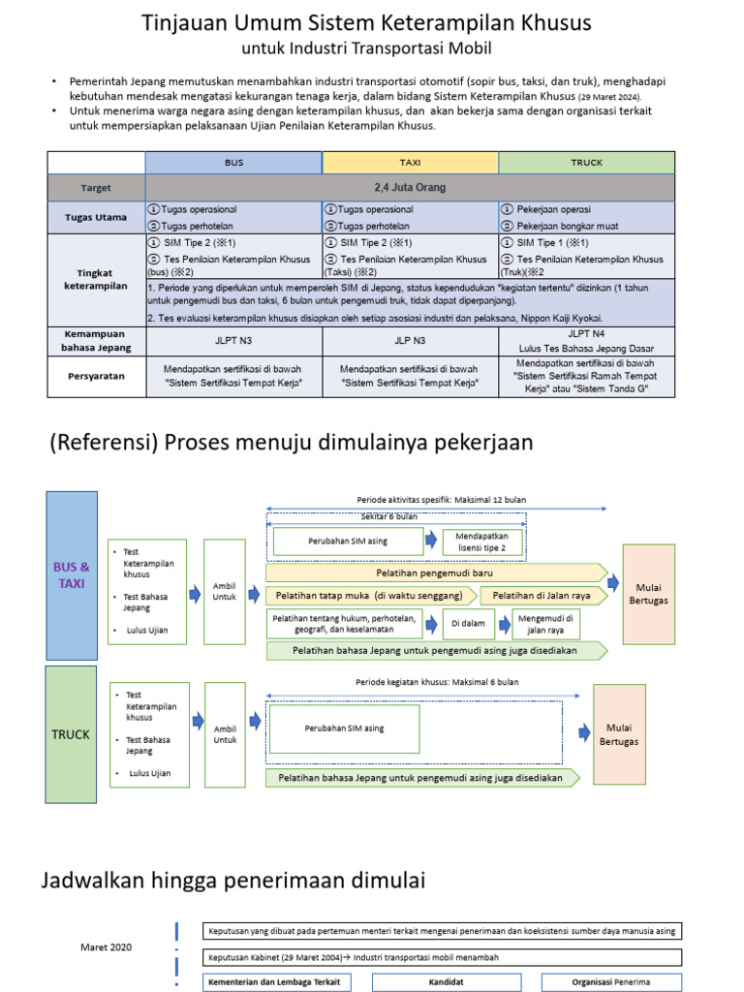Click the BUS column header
click(x=233, y=163)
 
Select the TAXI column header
click(x=410, y=163)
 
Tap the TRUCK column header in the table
click(x=586, y=163)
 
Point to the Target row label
click(x=96, y=187)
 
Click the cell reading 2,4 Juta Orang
click(x=410, y=187)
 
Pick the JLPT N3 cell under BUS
click(x=233, y=342)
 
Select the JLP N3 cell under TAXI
click(x=410, y=342)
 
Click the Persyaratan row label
click(x=96, y=377)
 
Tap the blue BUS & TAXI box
click(x=72, y=575)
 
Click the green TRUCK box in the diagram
click(x=72, y=734)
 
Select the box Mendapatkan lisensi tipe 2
click(x=482, y=542)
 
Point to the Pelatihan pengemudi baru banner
click(x=436, y=573)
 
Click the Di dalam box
click(x=469, y=624)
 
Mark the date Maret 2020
click(x=108, y=946)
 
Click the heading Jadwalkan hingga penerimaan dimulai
click(x=233, y=881)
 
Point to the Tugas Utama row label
click(x=96, y=216)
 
